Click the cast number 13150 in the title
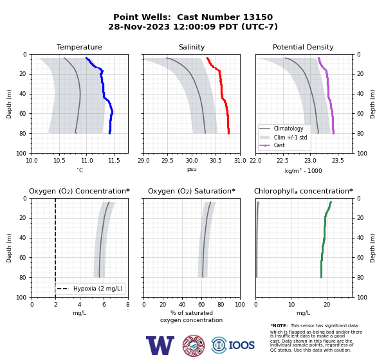click(258, 17)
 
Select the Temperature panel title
click(79, 47)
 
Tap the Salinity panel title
click(192, 47)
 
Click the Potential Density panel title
click(303, 47)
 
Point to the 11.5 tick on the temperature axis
click(114, 161)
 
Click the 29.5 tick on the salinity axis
click(167, 161)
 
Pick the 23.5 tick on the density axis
click(338, 161)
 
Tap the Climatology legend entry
click(288, 129)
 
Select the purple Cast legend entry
click(279, 145)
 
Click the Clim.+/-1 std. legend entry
click(291, 138)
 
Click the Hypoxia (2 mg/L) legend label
click(98, 289)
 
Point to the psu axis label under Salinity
click(192, 169)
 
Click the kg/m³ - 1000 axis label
click(303, 170)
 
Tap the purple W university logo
click(160, 345)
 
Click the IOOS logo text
click(241, 345)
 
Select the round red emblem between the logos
click(194, 345)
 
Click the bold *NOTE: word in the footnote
click(279, 325)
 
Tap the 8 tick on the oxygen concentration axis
click(128, 305)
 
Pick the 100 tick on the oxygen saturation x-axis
click(240, 305)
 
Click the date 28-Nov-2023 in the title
click(139, 26)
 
